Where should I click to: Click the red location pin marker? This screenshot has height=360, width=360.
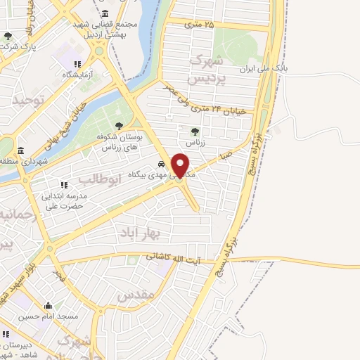181,165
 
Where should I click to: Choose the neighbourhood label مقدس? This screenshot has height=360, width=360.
136,296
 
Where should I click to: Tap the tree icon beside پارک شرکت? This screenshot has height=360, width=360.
8,37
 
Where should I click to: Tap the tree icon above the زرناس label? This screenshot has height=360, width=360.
195,130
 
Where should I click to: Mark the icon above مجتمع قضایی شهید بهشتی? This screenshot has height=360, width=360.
105,14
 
